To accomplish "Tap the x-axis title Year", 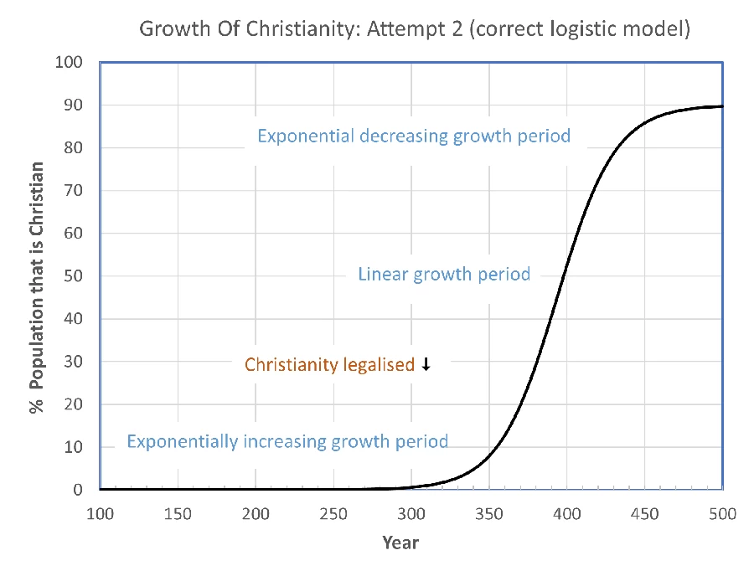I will pos(400,543).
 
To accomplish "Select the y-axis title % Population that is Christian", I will pos(37,275).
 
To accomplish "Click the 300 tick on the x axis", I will pos(411,513).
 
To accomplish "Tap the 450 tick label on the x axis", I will pos(645,513).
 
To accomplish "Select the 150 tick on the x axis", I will pos(178,513).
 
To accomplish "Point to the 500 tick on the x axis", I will pos(722,513).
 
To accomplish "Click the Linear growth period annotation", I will pos(444,275).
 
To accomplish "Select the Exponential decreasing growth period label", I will pos(414,136).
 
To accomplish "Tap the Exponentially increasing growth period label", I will pos(287,441).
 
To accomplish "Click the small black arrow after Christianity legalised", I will pos(426,364).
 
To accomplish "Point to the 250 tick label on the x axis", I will pos(333,513).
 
